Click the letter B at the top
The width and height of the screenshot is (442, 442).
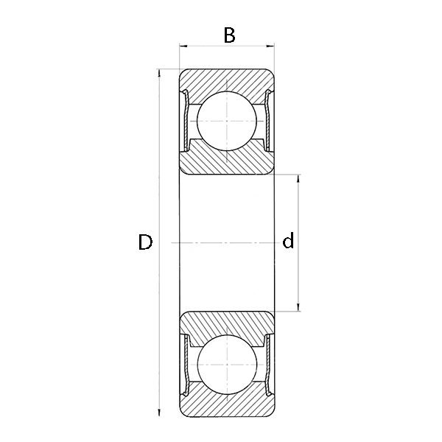click(x=229, y=35)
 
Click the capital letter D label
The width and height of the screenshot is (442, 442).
click(x=145, y=242)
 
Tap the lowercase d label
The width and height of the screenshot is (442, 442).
click(x=288, y=240)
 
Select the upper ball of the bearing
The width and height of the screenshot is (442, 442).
click(x=227, y=121)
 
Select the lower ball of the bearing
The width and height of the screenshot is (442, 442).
click(x=227, y=365)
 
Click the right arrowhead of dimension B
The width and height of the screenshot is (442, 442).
click(x=270, y=46)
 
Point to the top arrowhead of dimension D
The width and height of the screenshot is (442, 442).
click(x=159, y=73)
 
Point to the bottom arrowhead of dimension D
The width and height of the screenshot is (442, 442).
click(x=159, y=412)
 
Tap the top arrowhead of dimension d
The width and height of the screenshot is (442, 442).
click(x=298, y=179)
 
